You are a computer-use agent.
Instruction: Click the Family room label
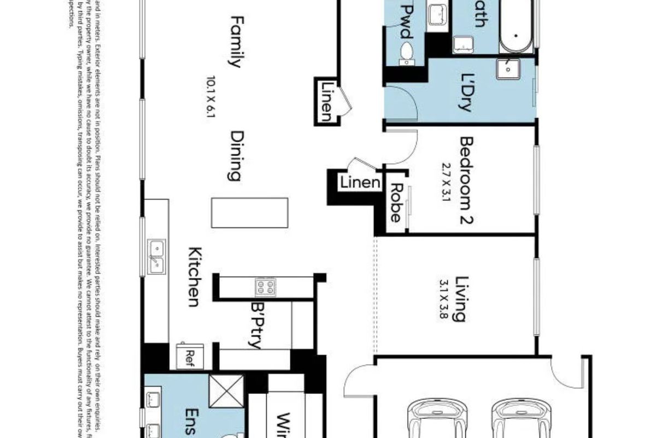click(234, 42)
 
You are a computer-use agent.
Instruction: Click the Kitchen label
click(193, 277)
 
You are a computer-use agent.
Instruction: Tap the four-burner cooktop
click(266, 286)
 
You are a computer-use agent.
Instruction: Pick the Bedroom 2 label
click(466, 181)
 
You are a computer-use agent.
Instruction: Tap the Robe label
click(395, 203)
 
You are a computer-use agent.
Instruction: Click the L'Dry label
click(466, 92)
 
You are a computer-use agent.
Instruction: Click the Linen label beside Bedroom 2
click(360, 182)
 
